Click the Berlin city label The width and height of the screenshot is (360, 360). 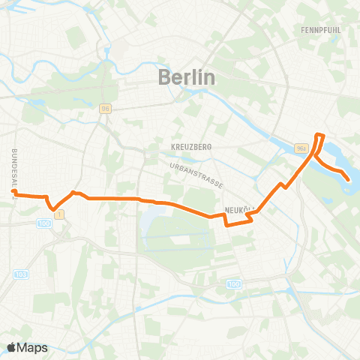(x=187, y=76)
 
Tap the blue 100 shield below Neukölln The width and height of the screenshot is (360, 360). (x=234, y=284)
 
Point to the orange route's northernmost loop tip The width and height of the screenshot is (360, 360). (x=320, y=135)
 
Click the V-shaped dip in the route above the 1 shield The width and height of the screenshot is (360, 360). (x=52, y=208)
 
